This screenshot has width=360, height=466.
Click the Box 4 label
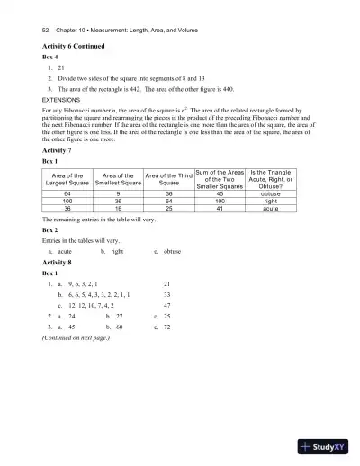click(50, 56)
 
